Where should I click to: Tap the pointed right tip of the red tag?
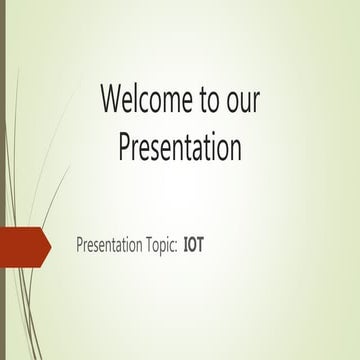[x=50, y=245]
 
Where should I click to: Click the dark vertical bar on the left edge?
[x=3, y=180]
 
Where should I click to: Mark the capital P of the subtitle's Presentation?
[x=80, y=245]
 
